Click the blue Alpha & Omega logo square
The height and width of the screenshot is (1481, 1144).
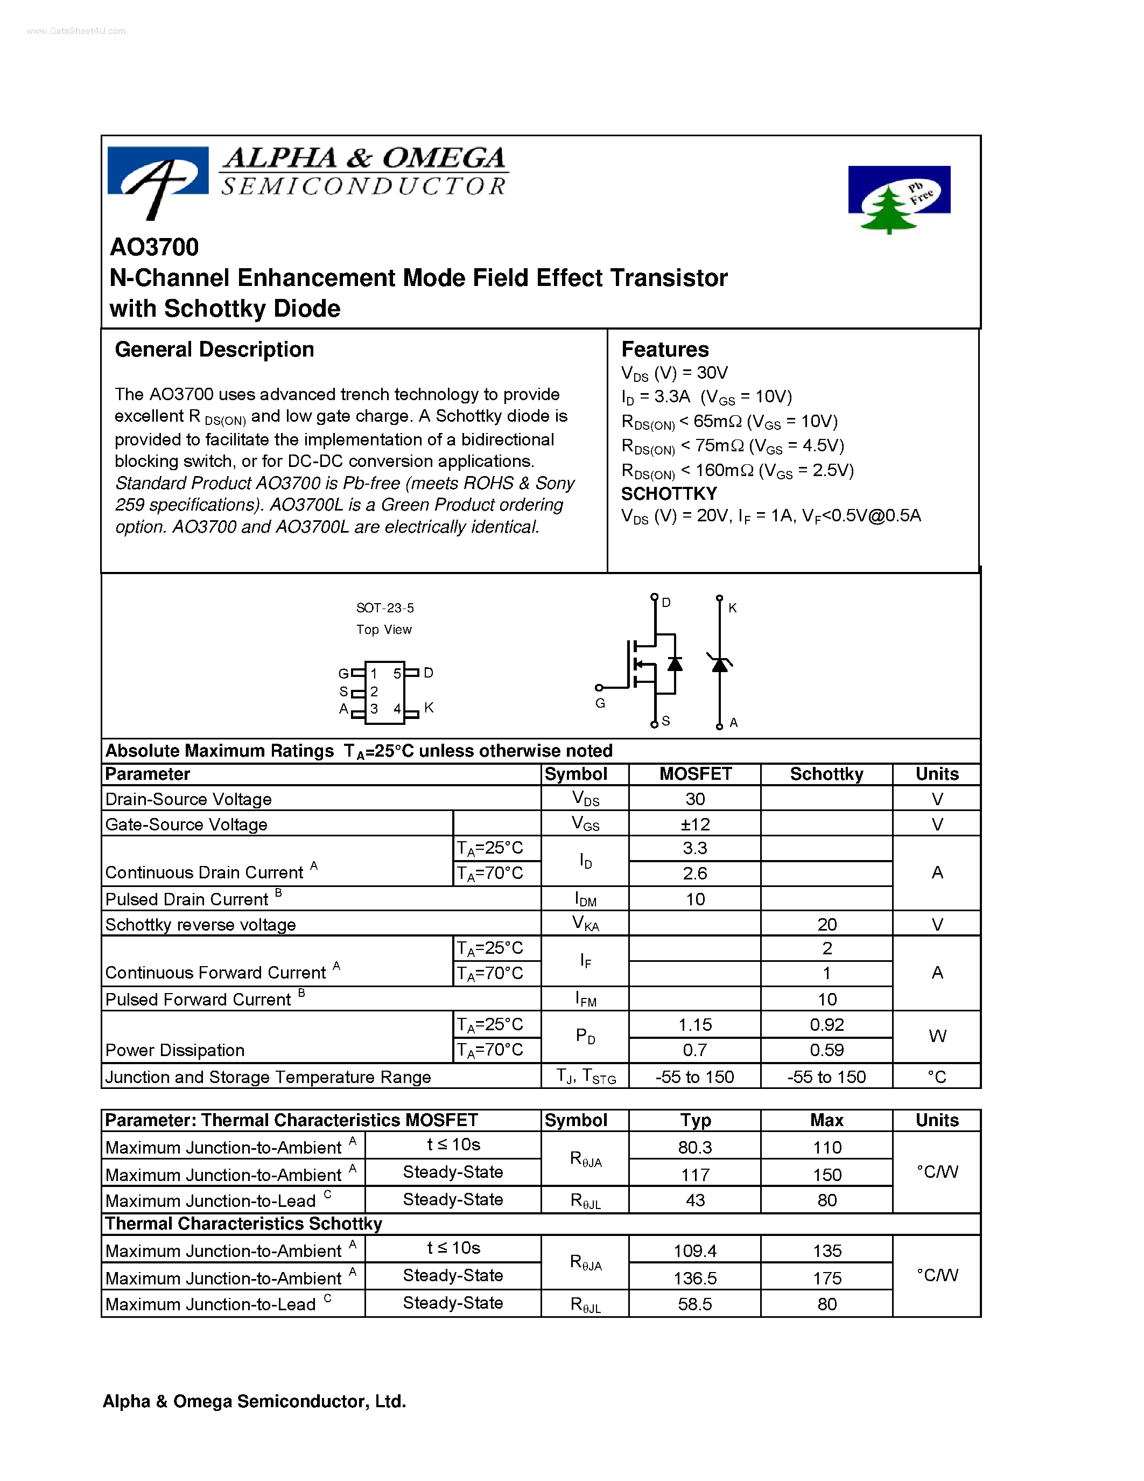tap(157, 172)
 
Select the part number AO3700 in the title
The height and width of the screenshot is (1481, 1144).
tap(155, 248)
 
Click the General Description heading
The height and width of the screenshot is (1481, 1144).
tap(214, 350)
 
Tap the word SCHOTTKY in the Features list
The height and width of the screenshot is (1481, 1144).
tap(668, 494)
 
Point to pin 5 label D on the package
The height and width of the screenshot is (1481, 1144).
tap(429, 673)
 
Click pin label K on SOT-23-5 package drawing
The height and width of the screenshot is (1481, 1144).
tap(429, 707)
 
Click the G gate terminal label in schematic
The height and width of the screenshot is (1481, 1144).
tap(600, 703)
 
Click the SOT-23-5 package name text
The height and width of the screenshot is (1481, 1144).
tap(385, 608)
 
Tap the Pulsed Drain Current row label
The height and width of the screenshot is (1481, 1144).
tap(187, 899)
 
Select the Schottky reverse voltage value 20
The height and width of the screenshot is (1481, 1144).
tap(826, 925)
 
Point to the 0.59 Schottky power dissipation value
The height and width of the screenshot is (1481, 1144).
tap(826, 1050)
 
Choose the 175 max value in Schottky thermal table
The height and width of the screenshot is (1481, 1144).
tap(826, 1279)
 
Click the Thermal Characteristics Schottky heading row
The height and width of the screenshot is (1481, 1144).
tap(244, 1224)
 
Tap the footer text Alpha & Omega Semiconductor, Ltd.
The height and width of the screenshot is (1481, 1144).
tap(254, 1402)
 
